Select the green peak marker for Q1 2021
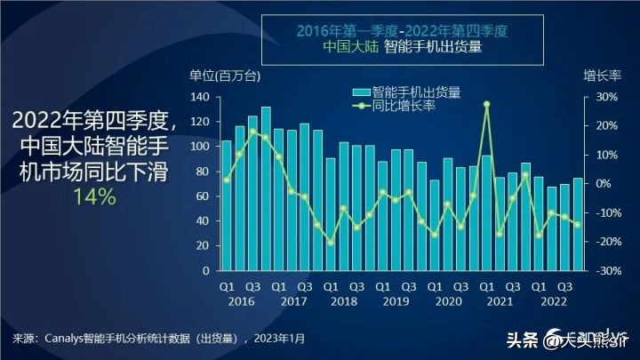(486, 104)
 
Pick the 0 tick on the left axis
(205, 270)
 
